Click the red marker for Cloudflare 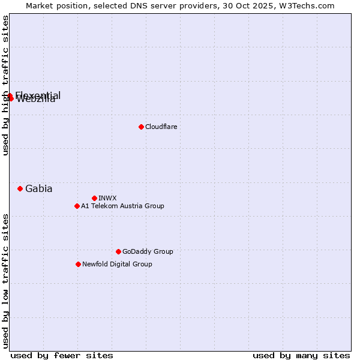coord(141,127)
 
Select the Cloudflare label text coord(161,127)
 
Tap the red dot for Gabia coord(20,188)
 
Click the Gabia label coord(38,188)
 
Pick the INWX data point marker coord(94,198)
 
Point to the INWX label coord(107,198)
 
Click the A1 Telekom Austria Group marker coord(77,206)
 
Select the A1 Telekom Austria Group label coord(122,206)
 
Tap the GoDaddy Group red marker coord(118,251)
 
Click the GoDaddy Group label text coord(148,251)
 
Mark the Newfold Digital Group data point coord(78,264)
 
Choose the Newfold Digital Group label coord(117,264)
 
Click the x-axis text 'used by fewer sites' coord(62,355)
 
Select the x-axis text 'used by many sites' coord(301,355)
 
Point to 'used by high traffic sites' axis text coord(6,85)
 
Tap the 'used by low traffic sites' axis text coord(6,280)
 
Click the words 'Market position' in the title coord(55,5)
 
